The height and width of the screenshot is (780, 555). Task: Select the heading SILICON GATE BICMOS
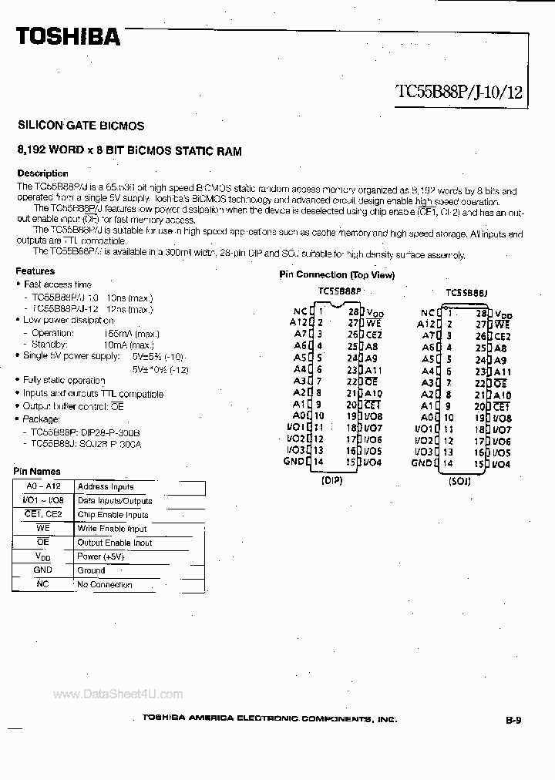coord(80,125)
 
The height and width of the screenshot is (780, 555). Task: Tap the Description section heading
coord(42,173)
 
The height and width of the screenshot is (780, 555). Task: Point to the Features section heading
coord(35,271)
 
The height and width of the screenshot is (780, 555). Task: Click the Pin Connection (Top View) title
coord(336,275)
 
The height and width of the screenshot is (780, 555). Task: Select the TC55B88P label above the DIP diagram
coord(339,292)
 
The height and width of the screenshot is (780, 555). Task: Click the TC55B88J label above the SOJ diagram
coord(466,293)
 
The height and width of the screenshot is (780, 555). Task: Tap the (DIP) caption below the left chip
coord(331,479)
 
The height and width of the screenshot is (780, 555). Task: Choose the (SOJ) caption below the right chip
coord(460,479)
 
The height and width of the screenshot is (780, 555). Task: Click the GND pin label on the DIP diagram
coord(294,462)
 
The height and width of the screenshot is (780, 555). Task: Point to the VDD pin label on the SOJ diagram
coord(503,314)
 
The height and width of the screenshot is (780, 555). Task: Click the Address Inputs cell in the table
coord(105,487)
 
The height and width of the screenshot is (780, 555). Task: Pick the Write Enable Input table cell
coord(112,529)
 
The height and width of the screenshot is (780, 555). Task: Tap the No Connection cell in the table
coord(105,584)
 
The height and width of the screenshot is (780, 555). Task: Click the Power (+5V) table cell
coord(100,556)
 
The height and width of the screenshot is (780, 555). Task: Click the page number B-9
coord(513,721)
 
